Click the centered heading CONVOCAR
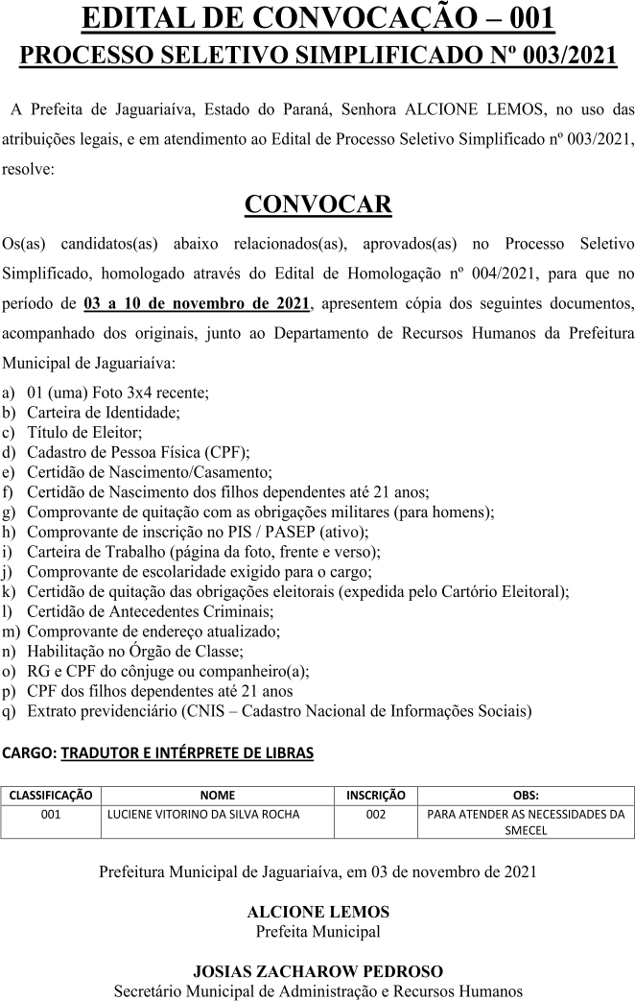click(x=317, y=204)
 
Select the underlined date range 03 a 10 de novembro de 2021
click(x=197, y=304)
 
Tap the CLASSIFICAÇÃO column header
click(x=51, y=795)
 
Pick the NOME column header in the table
click(x=217, y=795)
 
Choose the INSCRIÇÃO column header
click(x=375, y=795)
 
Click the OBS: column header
click(x=526, y=795)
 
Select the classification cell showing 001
click(x=51, y=815)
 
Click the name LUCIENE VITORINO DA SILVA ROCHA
click(x=202, y=815)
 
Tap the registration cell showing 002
click(x=375, y=815)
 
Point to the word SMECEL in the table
click(x=526, y=830)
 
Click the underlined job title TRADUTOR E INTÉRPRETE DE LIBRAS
click(x=187, y=753)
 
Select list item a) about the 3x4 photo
click(x=117, y=393)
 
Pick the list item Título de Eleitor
click(x=84, y=433)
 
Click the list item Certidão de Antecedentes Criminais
click(x=151, y=610)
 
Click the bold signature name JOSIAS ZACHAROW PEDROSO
click(x=317, y=971)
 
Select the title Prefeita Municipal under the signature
click(x=317, y=931)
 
